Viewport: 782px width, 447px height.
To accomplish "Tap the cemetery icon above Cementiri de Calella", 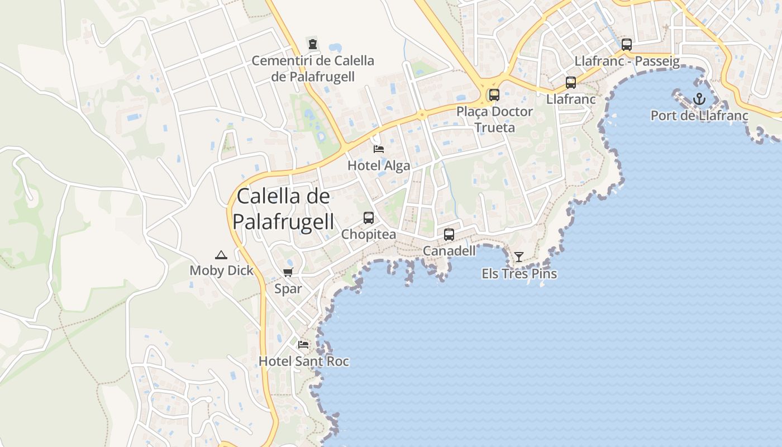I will point(313,44).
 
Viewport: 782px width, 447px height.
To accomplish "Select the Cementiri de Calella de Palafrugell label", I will point(313,68).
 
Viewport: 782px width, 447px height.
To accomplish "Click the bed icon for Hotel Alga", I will point(379,149).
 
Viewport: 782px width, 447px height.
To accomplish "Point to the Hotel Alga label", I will point(379,165).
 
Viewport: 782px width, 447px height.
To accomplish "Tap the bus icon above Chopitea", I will point(369,218).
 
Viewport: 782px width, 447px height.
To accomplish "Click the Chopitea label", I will point(369,234).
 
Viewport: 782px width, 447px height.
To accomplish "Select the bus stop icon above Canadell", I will point(449,235).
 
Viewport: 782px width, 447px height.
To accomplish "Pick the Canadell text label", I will point(449,251).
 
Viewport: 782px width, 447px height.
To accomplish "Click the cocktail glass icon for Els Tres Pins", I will point(519,257).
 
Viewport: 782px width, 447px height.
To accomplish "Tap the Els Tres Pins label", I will point(519,274).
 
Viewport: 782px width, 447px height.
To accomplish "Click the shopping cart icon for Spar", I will point(288,273).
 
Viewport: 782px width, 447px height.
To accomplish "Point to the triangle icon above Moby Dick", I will point(221,255).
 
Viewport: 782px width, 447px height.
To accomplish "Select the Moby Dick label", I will point(221,271).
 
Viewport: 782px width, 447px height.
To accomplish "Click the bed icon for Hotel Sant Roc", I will point(303,345).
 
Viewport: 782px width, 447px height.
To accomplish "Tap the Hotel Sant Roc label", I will point(303,362).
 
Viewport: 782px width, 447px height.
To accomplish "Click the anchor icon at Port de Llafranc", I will point(699,99).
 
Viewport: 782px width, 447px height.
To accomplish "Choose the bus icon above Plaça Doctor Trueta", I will point(494,95).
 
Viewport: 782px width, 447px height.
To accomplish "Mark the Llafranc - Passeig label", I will point(627,61).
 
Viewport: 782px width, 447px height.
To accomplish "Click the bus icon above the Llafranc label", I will point(571,83).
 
